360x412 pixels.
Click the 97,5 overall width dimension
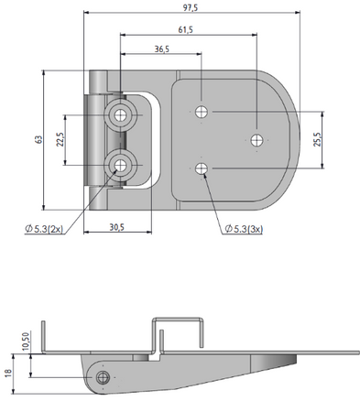tap(191, 7)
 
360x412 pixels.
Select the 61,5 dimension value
tap(186, 29)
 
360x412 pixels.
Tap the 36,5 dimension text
tap(162, 49)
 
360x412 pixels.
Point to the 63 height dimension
tap(38, 140)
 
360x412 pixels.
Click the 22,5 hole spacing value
tap(60, 139)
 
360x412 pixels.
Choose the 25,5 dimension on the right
tap(317, 139)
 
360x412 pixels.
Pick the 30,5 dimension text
tap(117, 227)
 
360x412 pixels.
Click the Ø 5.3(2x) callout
tap(45, 229)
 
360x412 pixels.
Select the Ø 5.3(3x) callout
tap(244, 229)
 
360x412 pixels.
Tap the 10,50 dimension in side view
tap(26, 342)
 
